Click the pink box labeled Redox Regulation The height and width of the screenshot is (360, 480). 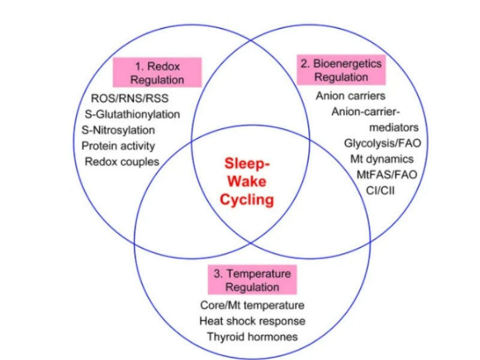(x=157, y=73)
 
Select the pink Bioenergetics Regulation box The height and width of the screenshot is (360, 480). (x=341, y=70)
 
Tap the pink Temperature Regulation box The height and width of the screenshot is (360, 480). (x=252, y=280)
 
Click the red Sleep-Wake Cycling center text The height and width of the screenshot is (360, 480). (x=247, y=181)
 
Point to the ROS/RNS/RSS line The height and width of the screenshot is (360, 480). (x=130, y=98)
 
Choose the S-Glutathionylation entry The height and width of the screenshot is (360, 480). (x=132, y=114)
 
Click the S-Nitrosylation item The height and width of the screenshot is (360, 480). (x=118, y=130)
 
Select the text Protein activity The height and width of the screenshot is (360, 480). (x=118, y=146)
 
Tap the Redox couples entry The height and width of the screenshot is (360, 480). (x=122, y=161)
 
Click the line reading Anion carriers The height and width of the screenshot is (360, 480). (x=350, y=96)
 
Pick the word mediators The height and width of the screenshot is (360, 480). (x=394, y=127)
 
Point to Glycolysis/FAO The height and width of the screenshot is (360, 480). (x=383, y=143)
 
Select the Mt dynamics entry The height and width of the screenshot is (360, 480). (x=382, y=159)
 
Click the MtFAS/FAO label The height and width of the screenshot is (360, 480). (x=387, y=175)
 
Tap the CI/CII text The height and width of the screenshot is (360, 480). (x=380, y=190)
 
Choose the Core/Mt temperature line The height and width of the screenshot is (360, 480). (x=252, y=305)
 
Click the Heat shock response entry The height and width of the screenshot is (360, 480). (x=252, y=321)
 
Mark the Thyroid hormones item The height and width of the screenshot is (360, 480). (x=252, y=337)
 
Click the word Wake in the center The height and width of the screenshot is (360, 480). (x=247, y=181)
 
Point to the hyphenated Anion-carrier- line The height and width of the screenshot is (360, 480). (x=366, y=112)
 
